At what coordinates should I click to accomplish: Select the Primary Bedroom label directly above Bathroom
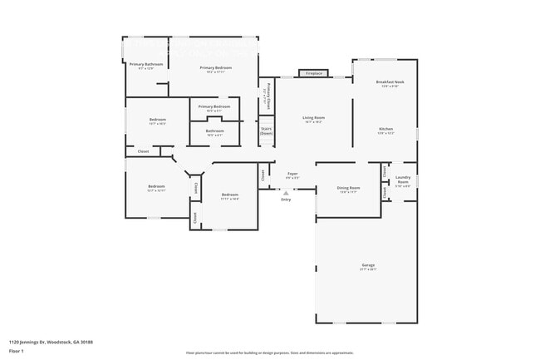[215, 106]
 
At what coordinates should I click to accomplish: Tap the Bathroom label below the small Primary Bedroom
[215, 131]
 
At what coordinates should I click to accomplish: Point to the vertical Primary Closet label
[266, 96]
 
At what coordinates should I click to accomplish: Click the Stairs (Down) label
[267, 131]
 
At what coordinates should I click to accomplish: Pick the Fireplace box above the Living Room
[314, 73]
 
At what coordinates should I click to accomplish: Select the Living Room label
[313, 118]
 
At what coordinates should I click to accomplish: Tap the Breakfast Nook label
[390, 82]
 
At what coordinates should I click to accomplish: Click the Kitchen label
[386, 130]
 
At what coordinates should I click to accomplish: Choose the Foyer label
[292, 174]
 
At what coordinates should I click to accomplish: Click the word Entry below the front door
[286, 200]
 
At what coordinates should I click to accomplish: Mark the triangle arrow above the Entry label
[286, 192]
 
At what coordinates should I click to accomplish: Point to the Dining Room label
[349, 188]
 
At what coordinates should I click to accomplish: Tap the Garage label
[368, 266]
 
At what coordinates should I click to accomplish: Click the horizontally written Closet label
[143, 151]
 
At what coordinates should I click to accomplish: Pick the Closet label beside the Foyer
[263, 175]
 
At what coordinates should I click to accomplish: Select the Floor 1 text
[17, 351]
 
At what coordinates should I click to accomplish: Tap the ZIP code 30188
[87, 342]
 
